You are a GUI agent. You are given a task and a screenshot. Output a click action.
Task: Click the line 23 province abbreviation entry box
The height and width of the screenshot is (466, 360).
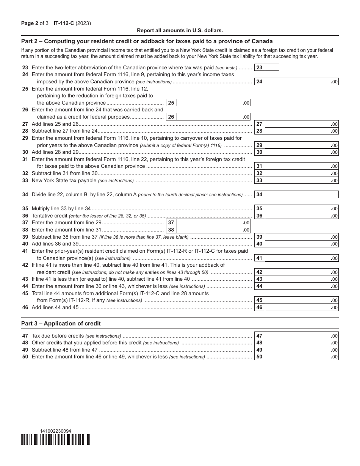(x=272, y=67)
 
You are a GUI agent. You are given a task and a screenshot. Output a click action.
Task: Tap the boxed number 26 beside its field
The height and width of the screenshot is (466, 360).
(x=171, y=117)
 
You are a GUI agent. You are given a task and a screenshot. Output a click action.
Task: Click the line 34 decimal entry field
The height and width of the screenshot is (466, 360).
(x=301, y=194)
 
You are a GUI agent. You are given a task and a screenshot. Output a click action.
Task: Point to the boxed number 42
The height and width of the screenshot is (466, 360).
(x=259, y=272)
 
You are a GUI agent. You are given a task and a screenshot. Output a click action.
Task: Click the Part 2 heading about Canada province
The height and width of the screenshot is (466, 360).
(x=147, y=41)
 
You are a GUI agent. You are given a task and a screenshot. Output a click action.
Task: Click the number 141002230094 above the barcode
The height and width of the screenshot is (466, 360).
(x=55, y=431)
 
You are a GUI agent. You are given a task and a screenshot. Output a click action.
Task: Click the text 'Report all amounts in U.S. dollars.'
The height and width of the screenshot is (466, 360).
(x=180, y=30)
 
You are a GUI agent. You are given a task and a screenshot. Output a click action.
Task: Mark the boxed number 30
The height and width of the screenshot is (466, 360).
(x=259, y=152)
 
